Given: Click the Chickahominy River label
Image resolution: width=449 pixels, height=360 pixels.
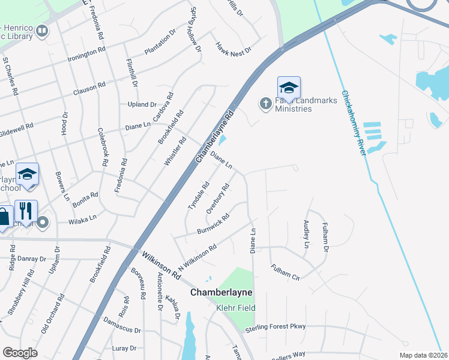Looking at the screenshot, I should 354,122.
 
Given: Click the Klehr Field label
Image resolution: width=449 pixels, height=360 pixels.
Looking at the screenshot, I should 236,308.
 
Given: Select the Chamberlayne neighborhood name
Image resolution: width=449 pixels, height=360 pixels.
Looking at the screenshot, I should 221,293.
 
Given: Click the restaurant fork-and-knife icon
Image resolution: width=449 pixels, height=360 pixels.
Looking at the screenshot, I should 26,211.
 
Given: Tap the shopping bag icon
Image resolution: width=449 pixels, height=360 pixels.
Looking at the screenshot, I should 4,217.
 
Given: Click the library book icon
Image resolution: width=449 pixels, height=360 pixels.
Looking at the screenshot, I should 41,31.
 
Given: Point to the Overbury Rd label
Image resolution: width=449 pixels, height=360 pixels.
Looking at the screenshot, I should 218,199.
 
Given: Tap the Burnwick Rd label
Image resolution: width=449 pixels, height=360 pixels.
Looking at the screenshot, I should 213,224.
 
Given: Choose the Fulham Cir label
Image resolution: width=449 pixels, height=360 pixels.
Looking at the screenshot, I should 285,273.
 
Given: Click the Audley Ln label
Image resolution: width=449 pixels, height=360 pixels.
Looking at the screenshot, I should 306,234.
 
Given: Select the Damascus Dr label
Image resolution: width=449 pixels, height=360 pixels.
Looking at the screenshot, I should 122,331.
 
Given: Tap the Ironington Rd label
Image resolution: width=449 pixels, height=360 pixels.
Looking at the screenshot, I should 86,55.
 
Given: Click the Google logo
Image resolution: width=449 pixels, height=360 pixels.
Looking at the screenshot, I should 20,353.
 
